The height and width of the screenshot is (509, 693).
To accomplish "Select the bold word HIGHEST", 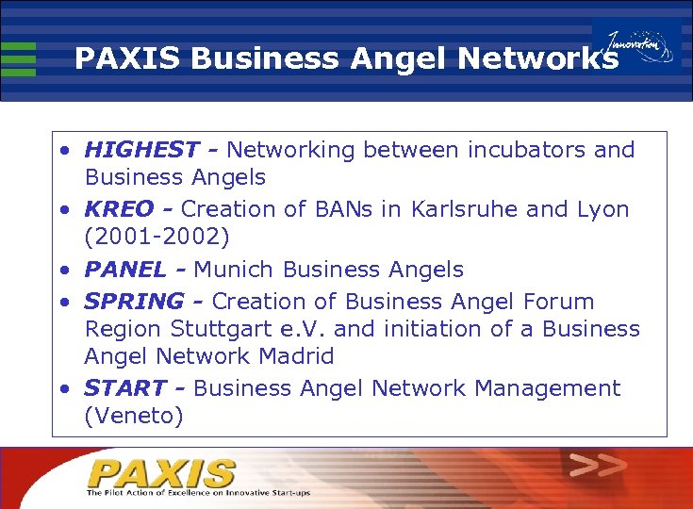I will tap(141, 150).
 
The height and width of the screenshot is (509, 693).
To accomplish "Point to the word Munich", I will tap(234, 270).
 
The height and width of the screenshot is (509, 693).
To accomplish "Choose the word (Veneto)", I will tap(134, 416).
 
